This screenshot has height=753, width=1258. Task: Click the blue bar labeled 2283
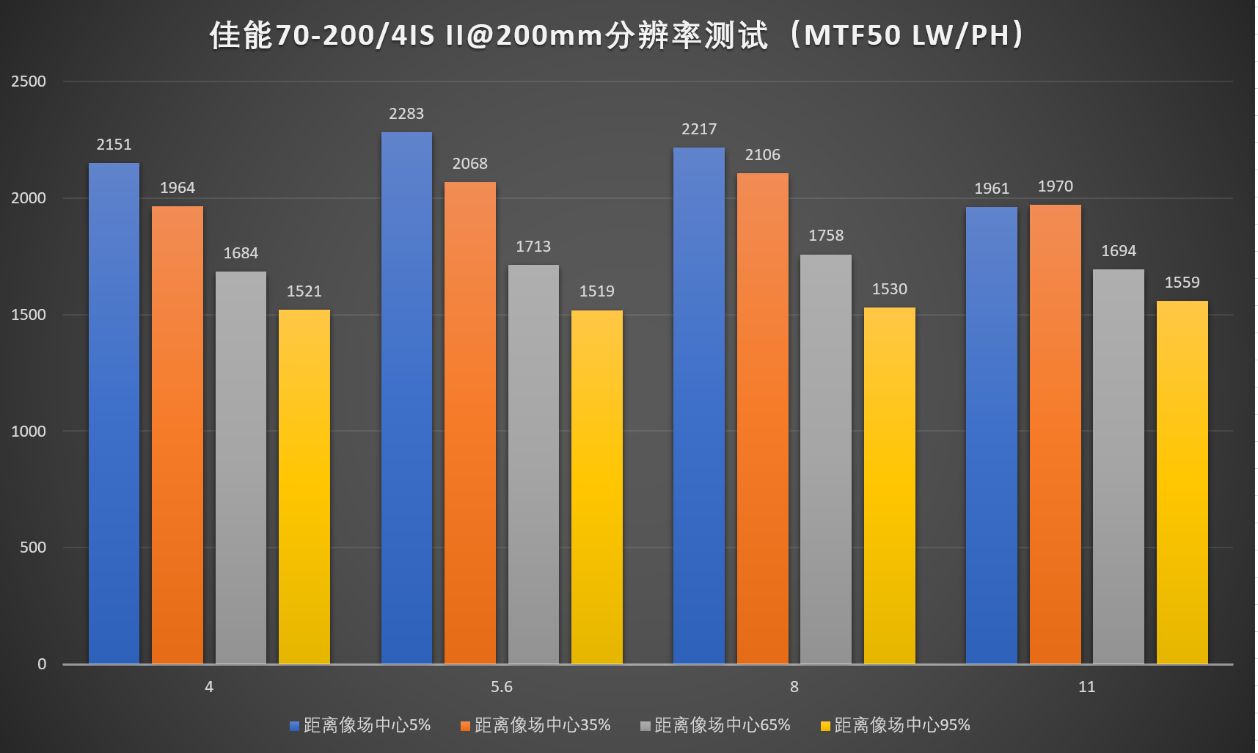pos(406,396)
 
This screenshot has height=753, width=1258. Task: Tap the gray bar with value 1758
pos(826,459)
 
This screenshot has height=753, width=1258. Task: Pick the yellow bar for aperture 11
pos(1182,481)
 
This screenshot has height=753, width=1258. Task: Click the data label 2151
pos(114,145)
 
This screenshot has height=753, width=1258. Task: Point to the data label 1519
pos(596,291)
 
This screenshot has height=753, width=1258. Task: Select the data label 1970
pos(1055,186)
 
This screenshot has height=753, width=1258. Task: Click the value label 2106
pos(762,155)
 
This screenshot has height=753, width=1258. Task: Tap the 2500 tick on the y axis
pos(29,81)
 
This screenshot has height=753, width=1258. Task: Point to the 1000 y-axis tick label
pos(29,432)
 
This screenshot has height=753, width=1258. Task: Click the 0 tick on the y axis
pos(42,664)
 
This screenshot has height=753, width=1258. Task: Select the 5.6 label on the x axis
pos(502,687)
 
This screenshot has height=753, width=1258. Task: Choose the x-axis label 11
pos(1086,687)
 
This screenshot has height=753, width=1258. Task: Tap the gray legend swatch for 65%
pos(646,727)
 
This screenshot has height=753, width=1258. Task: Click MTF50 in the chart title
pos(852,35)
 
